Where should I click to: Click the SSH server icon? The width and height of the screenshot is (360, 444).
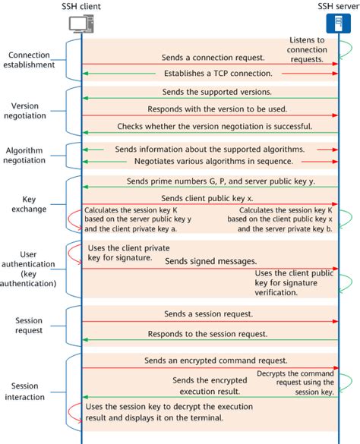[x=339, y=24]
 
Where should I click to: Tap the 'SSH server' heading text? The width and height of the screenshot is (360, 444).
[x=337, y=7]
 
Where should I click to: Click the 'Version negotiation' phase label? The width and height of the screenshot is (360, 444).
[x=30, y=111]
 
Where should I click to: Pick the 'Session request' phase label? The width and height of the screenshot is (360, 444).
[x=30, y=325]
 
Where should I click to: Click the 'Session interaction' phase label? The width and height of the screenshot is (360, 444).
[x=30, y=391]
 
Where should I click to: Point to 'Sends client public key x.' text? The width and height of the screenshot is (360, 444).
[x=209, y=196]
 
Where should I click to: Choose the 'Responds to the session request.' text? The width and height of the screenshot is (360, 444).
[x=210, y=333]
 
